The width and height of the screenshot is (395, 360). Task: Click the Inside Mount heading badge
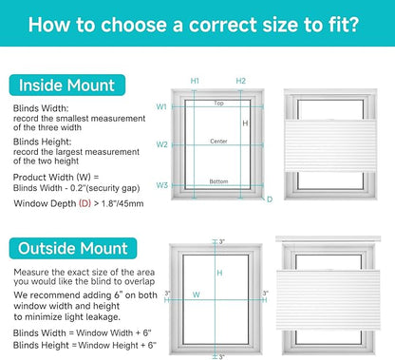click(x=67, y=85)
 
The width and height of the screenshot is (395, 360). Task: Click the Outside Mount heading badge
click(x=73, y=248)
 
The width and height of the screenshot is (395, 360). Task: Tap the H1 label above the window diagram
click(x=195, y=81)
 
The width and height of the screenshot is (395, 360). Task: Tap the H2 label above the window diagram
click(x=241, y=81)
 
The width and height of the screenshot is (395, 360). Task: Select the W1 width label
click(x=161, y=107)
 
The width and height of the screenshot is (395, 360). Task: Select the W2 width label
click(x=161, y=144)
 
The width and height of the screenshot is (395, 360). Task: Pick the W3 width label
click(x=161, y=185)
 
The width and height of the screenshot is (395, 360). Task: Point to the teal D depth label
click(x=270, y=199)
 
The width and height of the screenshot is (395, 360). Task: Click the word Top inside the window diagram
click(x=218, y=104)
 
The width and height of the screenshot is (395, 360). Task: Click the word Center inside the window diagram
click(x=218, y=142)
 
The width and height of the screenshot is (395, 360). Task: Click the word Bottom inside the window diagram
click(x=218, y=181)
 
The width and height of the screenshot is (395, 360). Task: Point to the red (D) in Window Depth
click(x=85, y=203)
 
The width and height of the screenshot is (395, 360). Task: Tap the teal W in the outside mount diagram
click(x=197, y=294)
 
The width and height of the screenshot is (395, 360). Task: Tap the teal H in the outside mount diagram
click(x=219, y=273)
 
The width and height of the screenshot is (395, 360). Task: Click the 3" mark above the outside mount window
click(x=222, y=242)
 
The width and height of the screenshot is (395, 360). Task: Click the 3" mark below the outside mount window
click(x=221, y=357)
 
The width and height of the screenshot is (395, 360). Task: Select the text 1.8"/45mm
click(x=122, y=203)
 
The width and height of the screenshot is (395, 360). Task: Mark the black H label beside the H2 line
click(x=245, y=123)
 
